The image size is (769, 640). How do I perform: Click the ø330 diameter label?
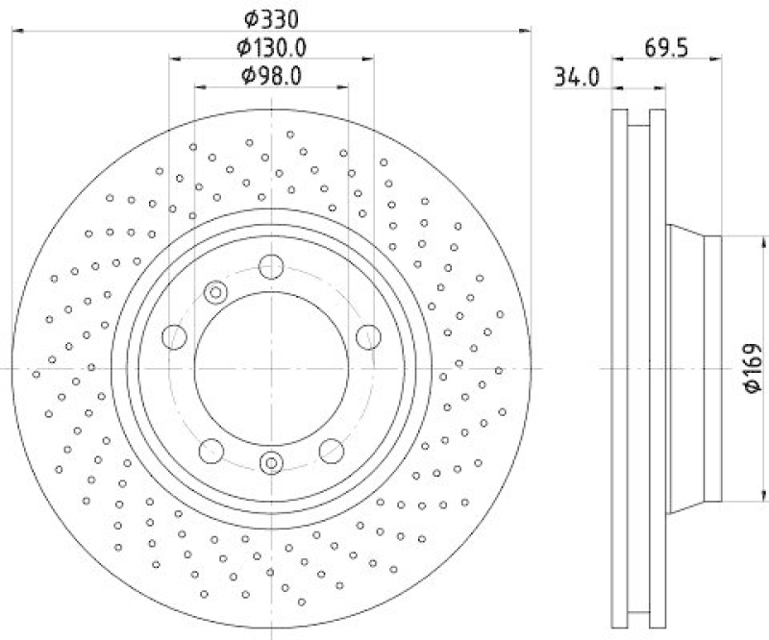pos(271,17)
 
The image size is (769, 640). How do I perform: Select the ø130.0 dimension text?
pos(272,47)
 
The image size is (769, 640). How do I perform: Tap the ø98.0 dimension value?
pos(272,76)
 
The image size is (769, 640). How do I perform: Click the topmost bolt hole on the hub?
pos(271,267)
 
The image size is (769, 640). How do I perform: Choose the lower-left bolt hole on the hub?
pos(211,450)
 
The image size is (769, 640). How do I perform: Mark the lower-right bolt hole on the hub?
pos(332,450)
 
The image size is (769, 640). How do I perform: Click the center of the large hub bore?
pos(271,369)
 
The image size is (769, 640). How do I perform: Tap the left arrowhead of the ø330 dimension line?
pos(17,32)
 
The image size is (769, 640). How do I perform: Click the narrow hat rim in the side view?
pos(712,369)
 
